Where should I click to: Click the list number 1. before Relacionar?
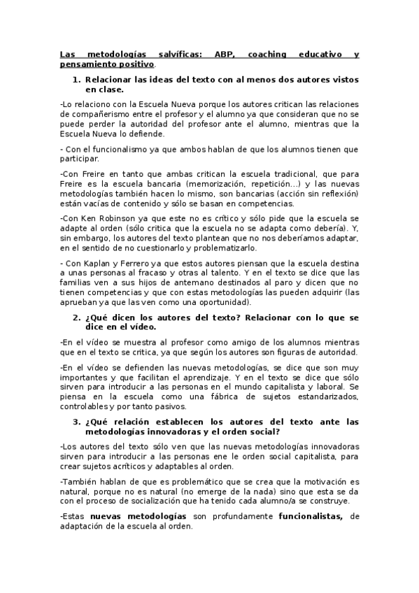click(x=78, y=80)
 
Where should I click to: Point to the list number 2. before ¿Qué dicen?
click(x=78, y=317)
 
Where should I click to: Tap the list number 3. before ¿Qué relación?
click(x=78, y=422)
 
